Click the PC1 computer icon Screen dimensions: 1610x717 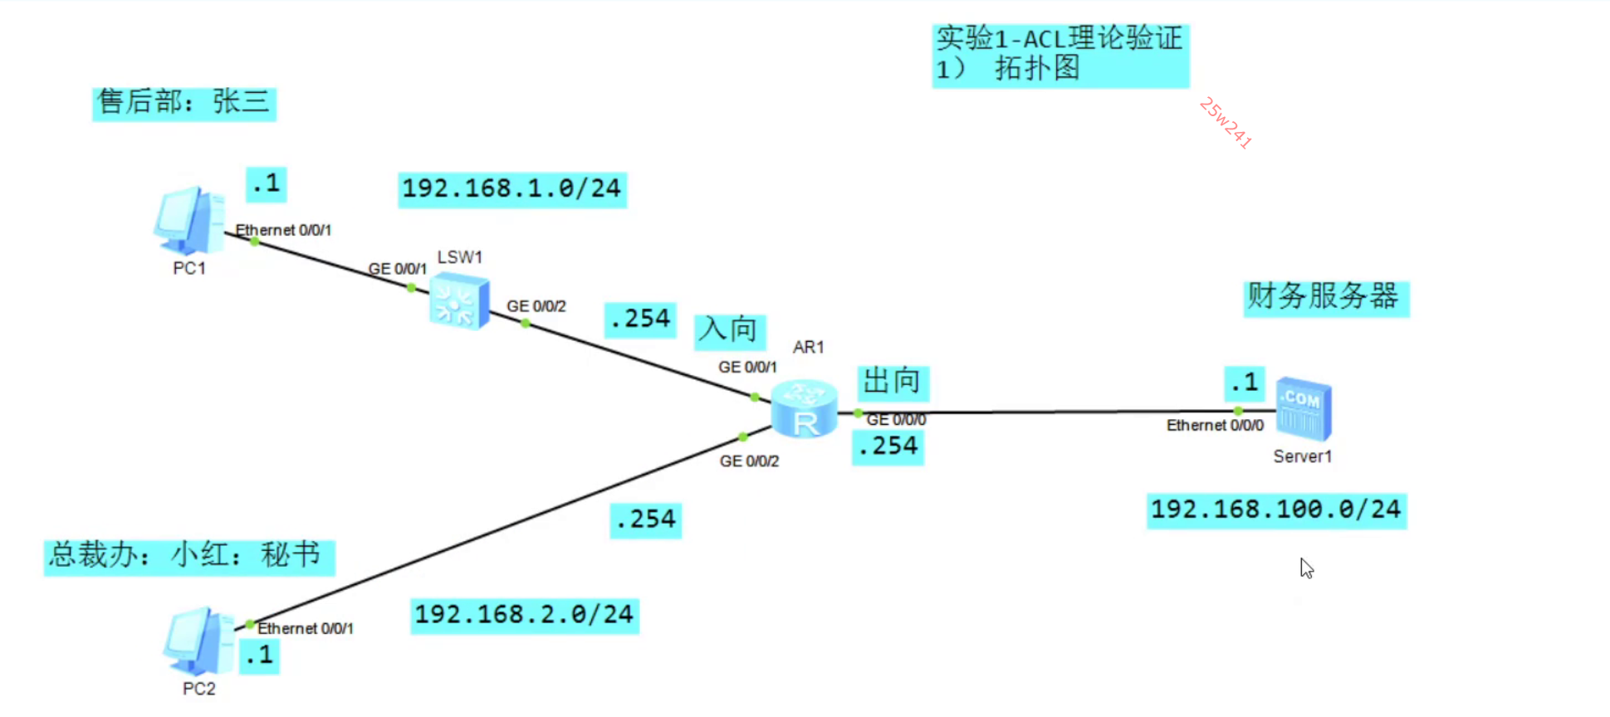point(188,221)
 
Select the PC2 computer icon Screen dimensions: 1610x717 point(198,641)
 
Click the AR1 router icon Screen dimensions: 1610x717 point(804,408)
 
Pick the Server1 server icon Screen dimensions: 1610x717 point(1303,410)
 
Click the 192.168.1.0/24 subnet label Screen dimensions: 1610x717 point(511,189)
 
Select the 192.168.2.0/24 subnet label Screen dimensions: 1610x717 point(524,615)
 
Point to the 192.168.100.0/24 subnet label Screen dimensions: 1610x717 point(1276,510)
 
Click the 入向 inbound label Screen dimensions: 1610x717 point(728,329)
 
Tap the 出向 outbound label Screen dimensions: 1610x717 point(892,382)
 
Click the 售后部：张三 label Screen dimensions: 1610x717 point(184,103)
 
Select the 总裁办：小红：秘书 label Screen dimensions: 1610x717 point(188,555)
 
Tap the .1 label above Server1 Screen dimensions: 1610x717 point(1244,383)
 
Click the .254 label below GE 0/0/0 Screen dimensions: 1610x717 point(888,446)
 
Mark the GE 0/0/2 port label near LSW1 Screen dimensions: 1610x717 point(536,306)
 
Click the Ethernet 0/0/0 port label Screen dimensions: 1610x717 point(1215,426)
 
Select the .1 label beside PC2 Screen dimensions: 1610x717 point(259,656)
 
